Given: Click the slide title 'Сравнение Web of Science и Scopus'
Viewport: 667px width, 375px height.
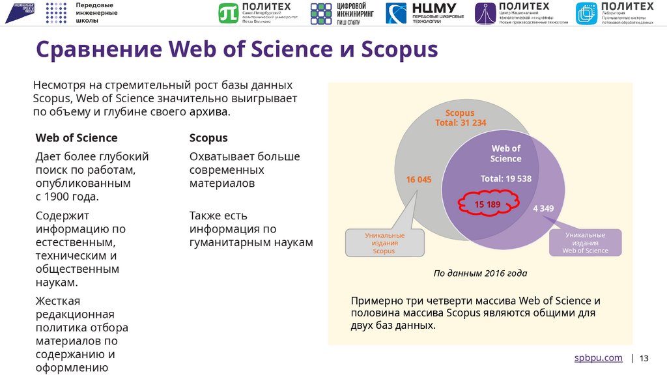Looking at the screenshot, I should (x=236, y=49).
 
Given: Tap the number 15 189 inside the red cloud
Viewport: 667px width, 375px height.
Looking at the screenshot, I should (x=487, y=204).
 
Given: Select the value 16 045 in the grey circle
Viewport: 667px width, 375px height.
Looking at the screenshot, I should (x=419, y=180).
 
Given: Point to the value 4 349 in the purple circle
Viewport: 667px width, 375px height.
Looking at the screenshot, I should (x=543, y=208).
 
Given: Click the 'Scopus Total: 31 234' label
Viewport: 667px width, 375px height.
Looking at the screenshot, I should (x=460, y=118).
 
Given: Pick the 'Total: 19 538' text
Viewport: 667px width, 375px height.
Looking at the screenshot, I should (x=505, y=178).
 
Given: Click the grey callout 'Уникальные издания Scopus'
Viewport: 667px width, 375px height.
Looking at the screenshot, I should (x=384, y=243).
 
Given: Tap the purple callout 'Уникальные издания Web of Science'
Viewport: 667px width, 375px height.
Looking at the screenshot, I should (x=585, y=242).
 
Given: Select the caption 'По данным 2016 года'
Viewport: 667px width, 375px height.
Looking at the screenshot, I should (x=480, y=273).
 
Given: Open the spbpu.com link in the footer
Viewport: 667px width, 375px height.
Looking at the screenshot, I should (x=598, y=358).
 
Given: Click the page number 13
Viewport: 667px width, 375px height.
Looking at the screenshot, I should (x=645, y=359).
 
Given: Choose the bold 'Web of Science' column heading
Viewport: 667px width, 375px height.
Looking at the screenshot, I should (x=76, y=138).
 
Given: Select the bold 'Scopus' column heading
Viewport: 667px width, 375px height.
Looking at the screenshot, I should (x=208, y=138).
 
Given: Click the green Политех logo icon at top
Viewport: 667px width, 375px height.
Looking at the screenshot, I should (x=229, y=12).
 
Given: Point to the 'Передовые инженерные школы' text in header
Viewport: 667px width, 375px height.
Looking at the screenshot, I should (x=96, y=12).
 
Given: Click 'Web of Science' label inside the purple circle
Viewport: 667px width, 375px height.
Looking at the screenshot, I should (x=505, y=154).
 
